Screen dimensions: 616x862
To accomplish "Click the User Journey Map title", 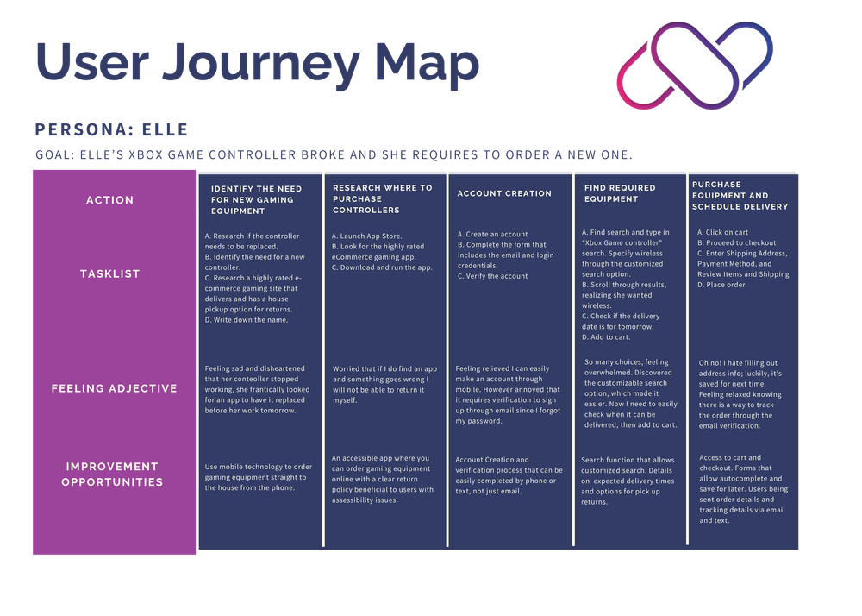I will coord(257,62).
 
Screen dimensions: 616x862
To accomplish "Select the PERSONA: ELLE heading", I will coord(111,130).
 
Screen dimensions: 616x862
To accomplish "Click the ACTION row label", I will coord(110,200).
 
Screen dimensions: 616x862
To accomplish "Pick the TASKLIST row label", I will coord(110,273).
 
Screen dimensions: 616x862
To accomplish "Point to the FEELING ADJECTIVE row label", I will coord(114,388).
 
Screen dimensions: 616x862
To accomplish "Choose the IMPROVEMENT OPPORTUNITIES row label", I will coord(112,475).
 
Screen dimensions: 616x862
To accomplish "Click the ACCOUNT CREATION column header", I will coord(504,193).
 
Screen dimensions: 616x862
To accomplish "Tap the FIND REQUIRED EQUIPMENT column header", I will coord(620,193).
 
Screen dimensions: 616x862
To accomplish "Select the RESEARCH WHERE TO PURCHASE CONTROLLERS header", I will coord(382,198).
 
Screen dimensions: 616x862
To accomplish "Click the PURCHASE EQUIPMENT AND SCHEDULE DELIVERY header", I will coord(740,195).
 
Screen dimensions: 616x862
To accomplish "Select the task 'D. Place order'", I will coord(721,285).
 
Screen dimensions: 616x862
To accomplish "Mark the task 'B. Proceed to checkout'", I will coord(736,243).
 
